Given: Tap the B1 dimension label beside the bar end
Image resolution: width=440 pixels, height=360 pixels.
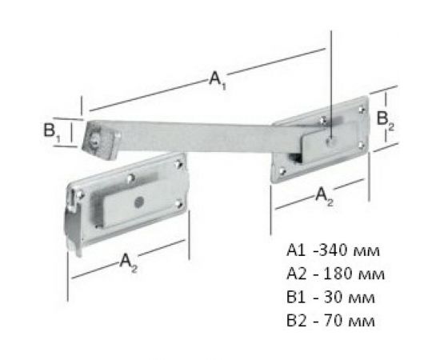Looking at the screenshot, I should coord(53,133).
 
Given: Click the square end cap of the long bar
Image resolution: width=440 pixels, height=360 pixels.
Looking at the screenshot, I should coord(97,138).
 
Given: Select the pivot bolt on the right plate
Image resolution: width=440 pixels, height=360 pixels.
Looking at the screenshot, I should coord(330,140).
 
